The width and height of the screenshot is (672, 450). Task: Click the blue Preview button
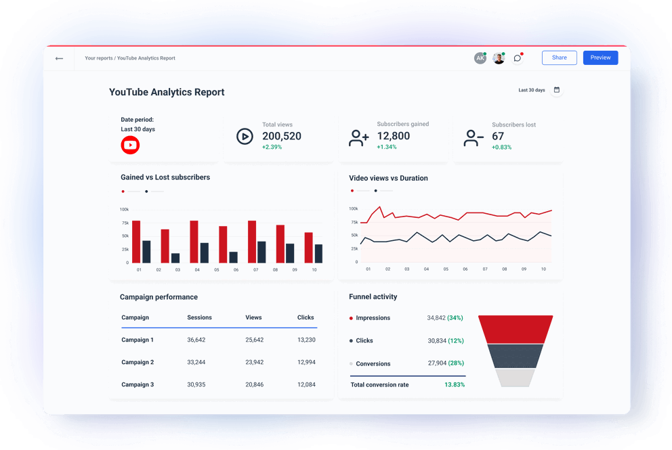pos(600,58)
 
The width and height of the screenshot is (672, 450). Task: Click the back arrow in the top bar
pos(60,59)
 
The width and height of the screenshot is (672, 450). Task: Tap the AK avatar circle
pos(480,58)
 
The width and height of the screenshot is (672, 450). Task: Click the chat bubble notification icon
pos(518,58)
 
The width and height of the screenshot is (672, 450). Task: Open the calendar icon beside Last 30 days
pos(557,90)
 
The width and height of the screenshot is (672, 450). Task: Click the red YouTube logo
pos(130,145)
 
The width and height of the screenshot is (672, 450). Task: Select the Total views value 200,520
pos(282,136)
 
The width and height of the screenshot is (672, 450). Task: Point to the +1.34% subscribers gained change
pos(387,147)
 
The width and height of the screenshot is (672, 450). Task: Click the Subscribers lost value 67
pos(498,136)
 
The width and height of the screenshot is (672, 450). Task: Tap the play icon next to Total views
pos(245,137)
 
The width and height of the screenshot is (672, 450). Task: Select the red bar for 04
pos(194,242)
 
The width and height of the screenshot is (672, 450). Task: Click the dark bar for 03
pos(175,258)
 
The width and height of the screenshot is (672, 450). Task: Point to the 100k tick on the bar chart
pos(125,210)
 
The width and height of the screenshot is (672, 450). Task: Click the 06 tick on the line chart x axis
pos(465,269)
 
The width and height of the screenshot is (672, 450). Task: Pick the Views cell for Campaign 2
pos(255,362)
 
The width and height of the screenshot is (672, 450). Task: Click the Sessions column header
pos(199,317)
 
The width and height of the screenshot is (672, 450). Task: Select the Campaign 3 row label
pos(138,384)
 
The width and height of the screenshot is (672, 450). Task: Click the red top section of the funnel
pos(516,329)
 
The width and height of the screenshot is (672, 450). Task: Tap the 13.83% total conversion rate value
pos(455,384)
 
